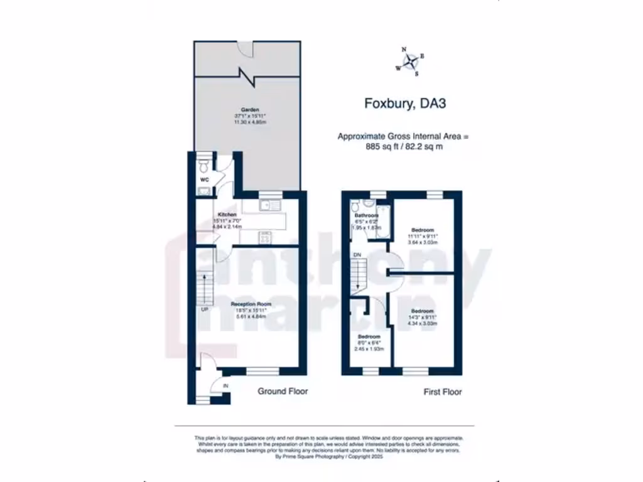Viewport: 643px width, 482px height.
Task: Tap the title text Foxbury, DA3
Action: click(405, 104)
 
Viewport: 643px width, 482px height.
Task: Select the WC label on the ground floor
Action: click(204, 179)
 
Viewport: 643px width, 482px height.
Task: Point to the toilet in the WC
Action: click(202, 166)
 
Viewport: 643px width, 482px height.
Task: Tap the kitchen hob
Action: click(265, 238)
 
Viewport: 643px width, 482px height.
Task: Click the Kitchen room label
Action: click(227, 215)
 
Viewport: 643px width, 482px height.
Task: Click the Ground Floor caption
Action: click(283, 391)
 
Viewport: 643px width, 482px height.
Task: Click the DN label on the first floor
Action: click(357, 255)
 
